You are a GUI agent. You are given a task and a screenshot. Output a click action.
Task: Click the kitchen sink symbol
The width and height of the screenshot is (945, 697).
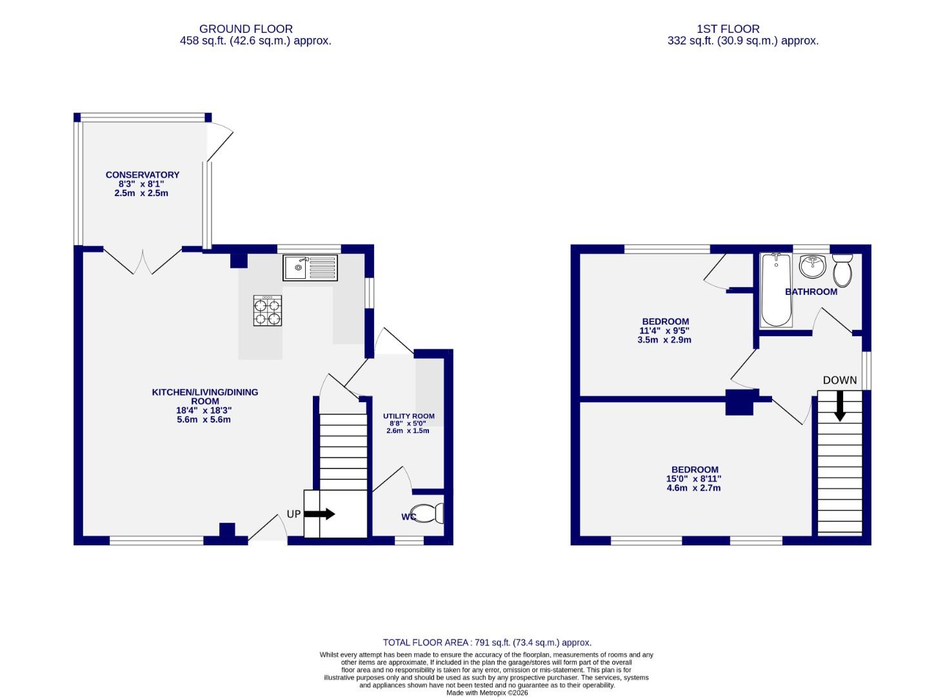pos(310,267)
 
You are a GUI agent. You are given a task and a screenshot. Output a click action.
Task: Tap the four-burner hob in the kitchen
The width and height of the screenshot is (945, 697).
pos(268,310)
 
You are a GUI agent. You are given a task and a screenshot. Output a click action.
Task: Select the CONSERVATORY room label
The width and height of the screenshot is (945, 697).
pos(143,175)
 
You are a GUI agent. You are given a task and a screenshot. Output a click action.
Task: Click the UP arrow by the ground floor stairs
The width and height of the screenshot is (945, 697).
pos(319,514)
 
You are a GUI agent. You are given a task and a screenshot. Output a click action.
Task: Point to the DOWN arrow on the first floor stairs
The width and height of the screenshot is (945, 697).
pos(839,407)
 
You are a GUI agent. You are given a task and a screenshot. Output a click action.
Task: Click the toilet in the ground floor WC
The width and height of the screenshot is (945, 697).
pos(428,513)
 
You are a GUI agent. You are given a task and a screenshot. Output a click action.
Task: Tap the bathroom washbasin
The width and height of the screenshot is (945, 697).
pos(812,265)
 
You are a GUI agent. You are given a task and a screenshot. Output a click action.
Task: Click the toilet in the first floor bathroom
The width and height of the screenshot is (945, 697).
pos(842,269)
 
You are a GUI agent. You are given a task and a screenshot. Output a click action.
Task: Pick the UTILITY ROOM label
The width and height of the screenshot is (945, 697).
pos(408,416)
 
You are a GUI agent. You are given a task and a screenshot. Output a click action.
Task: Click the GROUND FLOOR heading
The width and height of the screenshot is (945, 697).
pos(246,29)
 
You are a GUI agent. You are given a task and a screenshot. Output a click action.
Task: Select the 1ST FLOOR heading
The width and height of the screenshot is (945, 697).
pos(728,29)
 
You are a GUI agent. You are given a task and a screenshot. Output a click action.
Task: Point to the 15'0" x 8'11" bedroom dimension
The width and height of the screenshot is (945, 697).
pos(693,479)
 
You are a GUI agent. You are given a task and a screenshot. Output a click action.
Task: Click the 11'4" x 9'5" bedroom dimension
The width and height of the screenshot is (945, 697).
pos(665,330)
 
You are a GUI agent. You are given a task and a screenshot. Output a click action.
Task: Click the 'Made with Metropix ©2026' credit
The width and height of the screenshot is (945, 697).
pos(487,692)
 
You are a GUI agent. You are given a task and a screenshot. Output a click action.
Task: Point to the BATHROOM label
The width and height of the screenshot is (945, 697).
pos(811,292)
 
